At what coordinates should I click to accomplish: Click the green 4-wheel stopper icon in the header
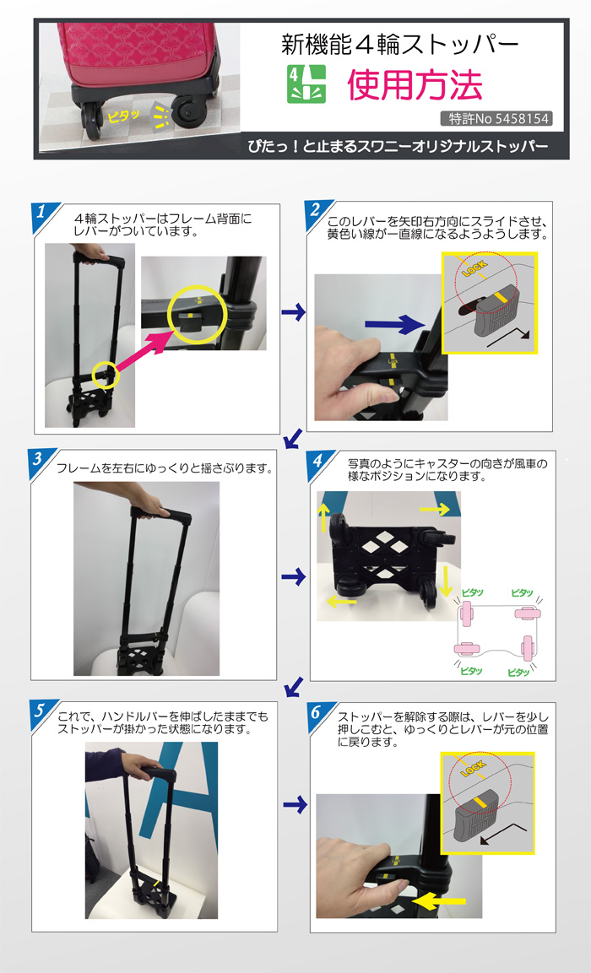point(306,84)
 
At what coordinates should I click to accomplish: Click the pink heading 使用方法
point(415,84)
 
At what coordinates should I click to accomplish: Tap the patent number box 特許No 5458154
point(496,119)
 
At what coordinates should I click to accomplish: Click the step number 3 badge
point(41,461)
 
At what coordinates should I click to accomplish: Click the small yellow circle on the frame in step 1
point(106,373)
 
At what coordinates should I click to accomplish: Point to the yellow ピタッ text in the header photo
point(119,116)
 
